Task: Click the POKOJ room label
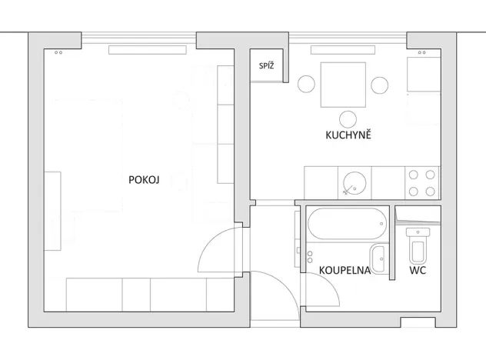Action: pyautogui.click(x=144, y=180)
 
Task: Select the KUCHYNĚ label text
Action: pyautogui.click(x=348, y=135)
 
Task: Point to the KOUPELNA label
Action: pyautogui.click(x=345, y=270)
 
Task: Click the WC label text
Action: pyautogui.click(x=418, y=270)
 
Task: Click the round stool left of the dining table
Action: pyautogui.click(x=307, y=84)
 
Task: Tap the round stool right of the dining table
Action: pyautogui.click(x=378, y=84)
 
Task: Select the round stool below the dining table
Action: pyautogui.click(x=348, y=118)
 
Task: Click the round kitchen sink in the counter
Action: pyautogui.click(x=355, y=182)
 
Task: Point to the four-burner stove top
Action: pyautogui.click(x=421, y=182)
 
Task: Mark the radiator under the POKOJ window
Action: pyautogui.click(x=147, y=50)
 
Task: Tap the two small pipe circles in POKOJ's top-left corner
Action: pyautogui.click(x=58, y=53)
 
